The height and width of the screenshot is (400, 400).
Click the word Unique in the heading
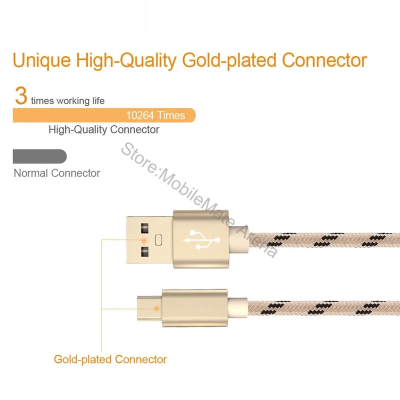click(41, 60)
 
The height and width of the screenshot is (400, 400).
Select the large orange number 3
click(20, 95)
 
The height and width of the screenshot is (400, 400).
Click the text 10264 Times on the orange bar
click(155, 115)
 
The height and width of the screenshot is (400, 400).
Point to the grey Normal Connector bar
click(39, 156)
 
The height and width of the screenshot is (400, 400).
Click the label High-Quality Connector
click(104, 130)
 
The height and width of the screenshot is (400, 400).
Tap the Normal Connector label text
click(57, 173)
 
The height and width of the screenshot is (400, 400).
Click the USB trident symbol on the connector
click(200, 239)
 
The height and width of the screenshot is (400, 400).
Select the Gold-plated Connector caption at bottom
click(110, 359)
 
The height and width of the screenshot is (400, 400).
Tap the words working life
click(80, 101)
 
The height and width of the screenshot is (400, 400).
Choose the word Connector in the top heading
click(324, 60)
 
